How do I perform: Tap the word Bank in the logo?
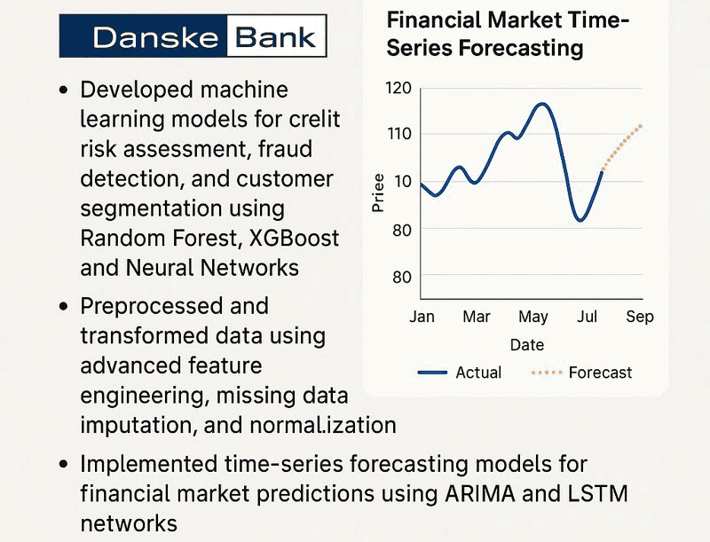click(275, 36)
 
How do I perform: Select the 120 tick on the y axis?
click(399, 88)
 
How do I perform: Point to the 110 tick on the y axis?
click(399, 134)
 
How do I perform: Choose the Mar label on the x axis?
click(477, 317)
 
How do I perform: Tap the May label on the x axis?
click(533, 317)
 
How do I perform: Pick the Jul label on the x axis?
click(587, 317)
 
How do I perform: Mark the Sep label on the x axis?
click(639, 317)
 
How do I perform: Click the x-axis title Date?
click(527, 344)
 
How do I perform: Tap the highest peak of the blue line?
click(541, 104)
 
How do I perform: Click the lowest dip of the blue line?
click(580, 220)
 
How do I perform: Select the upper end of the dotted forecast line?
click(641, 125)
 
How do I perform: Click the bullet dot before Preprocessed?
click(63, 307)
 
